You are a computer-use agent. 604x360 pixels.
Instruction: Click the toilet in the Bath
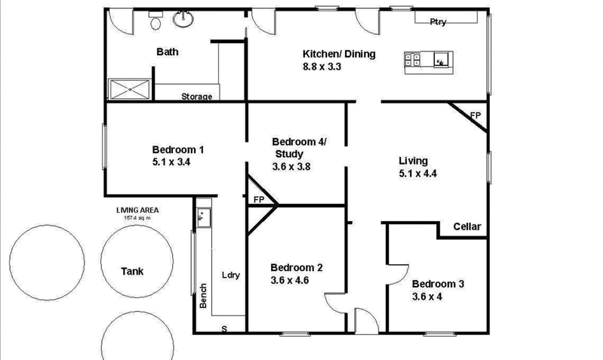pyautogui.click(x=156, y=21)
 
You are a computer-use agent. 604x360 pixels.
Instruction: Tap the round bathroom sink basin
pyautogui.click(x=183, y=19)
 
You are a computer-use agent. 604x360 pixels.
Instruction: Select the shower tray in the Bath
pyautogui.click(x=129, y=89)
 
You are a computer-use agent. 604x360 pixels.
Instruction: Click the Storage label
pyautogui.click(x=197, y=97)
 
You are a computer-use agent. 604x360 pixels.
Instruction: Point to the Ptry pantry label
pyautogui.click(x=438, y=22)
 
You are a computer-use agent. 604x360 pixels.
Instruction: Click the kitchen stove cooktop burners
pyautogui.click(x=412, y=60)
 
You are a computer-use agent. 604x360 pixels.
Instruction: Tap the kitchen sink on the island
pyautogui.click(x=441, y=60)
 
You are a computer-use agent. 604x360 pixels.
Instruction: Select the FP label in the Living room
pyautogui.click(x=476, y=115)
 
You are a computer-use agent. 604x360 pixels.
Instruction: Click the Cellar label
pyautogui.click(x=467, y=226)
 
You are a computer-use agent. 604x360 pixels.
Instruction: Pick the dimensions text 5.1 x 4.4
pyautogui.click(x=418, y=174)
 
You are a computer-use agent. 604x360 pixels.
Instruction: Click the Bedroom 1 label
pyautogui.click(x=178, y=149)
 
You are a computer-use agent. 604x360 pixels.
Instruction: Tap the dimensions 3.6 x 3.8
pyautogui.click(x=291, y=166)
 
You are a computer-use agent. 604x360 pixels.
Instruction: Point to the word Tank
pyautogui.click(x=132, y=271)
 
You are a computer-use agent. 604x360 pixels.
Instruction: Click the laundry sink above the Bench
pyautogui.click(x=203, y=217)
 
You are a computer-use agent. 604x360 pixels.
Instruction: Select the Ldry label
pyautogui.click(x=231, y=275)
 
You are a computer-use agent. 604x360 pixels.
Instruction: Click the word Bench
pyautogui.click(x=203, y=296)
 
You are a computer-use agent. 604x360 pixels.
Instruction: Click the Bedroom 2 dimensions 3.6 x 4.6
pyautogui.click(x=290, y=280)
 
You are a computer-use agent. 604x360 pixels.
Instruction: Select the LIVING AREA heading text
pyautogui.click(x=137, y=210)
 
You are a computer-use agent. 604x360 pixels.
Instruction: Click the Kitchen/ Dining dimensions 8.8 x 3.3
pyautogui.click(x=322, y=66)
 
